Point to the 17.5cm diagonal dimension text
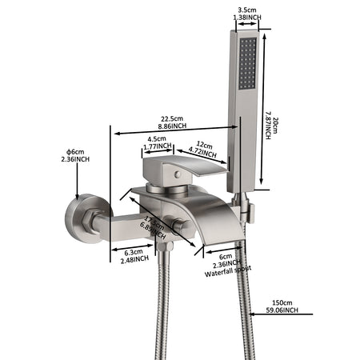tap(153, 220)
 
